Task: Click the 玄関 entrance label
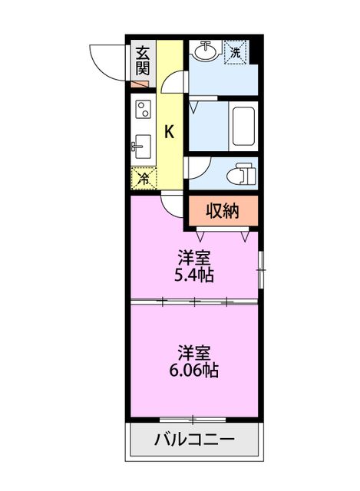[143, 61]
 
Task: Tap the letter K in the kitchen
[170, 131]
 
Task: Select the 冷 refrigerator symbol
[144, 178]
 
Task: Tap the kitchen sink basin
[143, 145]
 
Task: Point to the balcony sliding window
[193, 419]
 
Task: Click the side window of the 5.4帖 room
[259, 269]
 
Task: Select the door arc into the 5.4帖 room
[173, 203]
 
